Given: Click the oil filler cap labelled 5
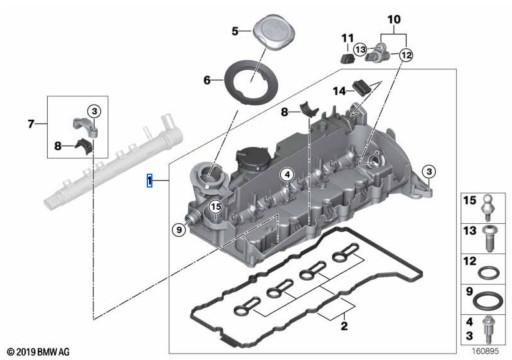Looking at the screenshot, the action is click(x=274, y=32).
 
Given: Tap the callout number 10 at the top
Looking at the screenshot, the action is click(x=394, y=19).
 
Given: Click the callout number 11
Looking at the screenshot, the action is click(x=347, y=38).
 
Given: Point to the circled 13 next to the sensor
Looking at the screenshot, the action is click(x=360, y=50).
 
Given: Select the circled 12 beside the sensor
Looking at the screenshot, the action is click(x=406, y=55).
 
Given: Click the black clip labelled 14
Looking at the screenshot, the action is click(x=361, y=87).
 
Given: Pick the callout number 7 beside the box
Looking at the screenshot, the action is click(x=31, y=124).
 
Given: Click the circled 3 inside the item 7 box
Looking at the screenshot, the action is click(x=94, y=111).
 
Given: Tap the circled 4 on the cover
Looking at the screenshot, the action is click(x=287, y=175).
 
